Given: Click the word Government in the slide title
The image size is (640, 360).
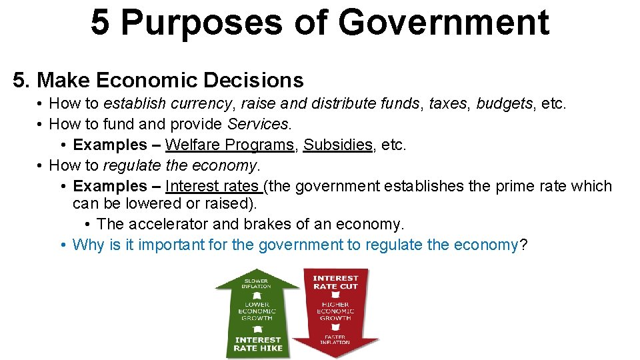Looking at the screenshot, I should (443, 22).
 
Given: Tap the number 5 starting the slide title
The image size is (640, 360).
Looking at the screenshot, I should (100, 22).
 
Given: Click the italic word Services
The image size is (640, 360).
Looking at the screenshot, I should (259, 124).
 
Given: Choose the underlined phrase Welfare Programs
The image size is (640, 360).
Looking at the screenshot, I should (229, 145).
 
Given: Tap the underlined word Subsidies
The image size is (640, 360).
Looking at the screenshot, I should (338, 145).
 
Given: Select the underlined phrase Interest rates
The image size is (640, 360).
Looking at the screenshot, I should (213, 186).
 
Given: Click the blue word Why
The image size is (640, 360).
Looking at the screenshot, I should (88, 245).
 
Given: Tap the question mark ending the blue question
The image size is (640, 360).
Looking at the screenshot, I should (523, 245).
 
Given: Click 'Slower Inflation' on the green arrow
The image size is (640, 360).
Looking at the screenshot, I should (257, 284).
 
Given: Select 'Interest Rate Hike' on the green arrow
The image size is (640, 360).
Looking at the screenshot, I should (258, 344).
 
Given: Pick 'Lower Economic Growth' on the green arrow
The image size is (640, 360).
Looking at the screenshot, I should (257, 311).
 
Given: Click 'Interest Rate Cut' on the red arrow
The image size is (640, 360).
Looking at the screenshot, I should (335, 282).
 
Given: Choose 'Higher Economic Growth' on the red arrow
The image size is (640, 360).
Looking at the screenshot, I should (335, 311).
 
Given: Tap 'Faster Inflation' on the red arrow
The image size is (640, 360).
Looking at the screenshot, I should (335, 339).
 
